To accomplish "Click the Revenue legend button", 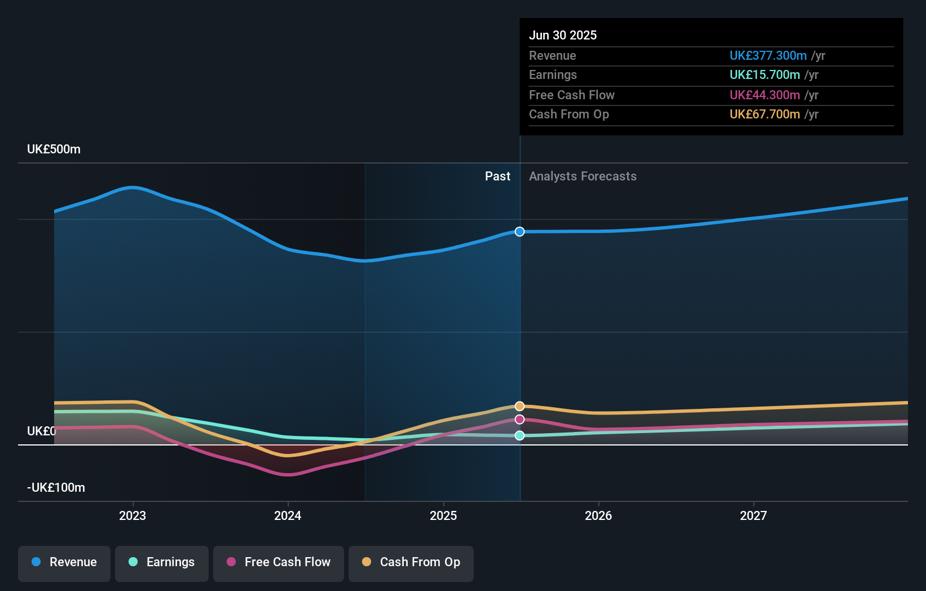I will tap(64, 563).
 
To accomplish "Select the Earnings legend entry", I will tap(162, 563).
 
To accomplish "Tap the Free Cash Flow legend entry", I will tap(279, 563).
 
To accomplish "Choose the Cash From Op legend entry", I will tap(411, 563).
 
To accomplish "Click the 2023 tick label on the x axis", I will tap(133, 516).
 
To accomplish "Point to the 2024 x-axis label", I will tap(288, 516).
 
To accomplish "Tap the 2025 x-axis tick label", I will tap(443, 516).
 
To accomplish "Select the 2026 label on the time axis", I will tap(598, 516).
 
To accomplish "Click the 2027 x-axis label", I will tap(753, 516).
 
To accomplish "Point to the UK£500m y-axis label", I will tap(54, 149).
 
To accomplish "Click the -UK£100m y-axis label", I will tap(56, 488).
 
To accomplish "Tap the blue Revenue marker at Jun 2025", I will tap(519, 232).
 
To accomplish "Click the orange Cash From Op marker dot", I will tap(519, 406).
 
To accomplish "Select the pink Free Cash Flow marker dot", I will tap(519, 420).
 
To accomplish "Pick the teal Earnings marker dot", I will tap(519, 435).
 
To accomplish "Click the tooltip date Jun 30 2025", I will tap(563, 36).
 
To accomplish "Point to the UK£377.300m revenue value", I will tap(768, 56).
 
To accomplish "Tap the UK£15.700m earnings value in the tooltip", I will tap(765, 75).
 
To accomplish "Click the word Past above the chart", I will tap(497, 177).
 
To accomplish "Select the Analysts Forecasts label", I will tap(583, 177).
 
